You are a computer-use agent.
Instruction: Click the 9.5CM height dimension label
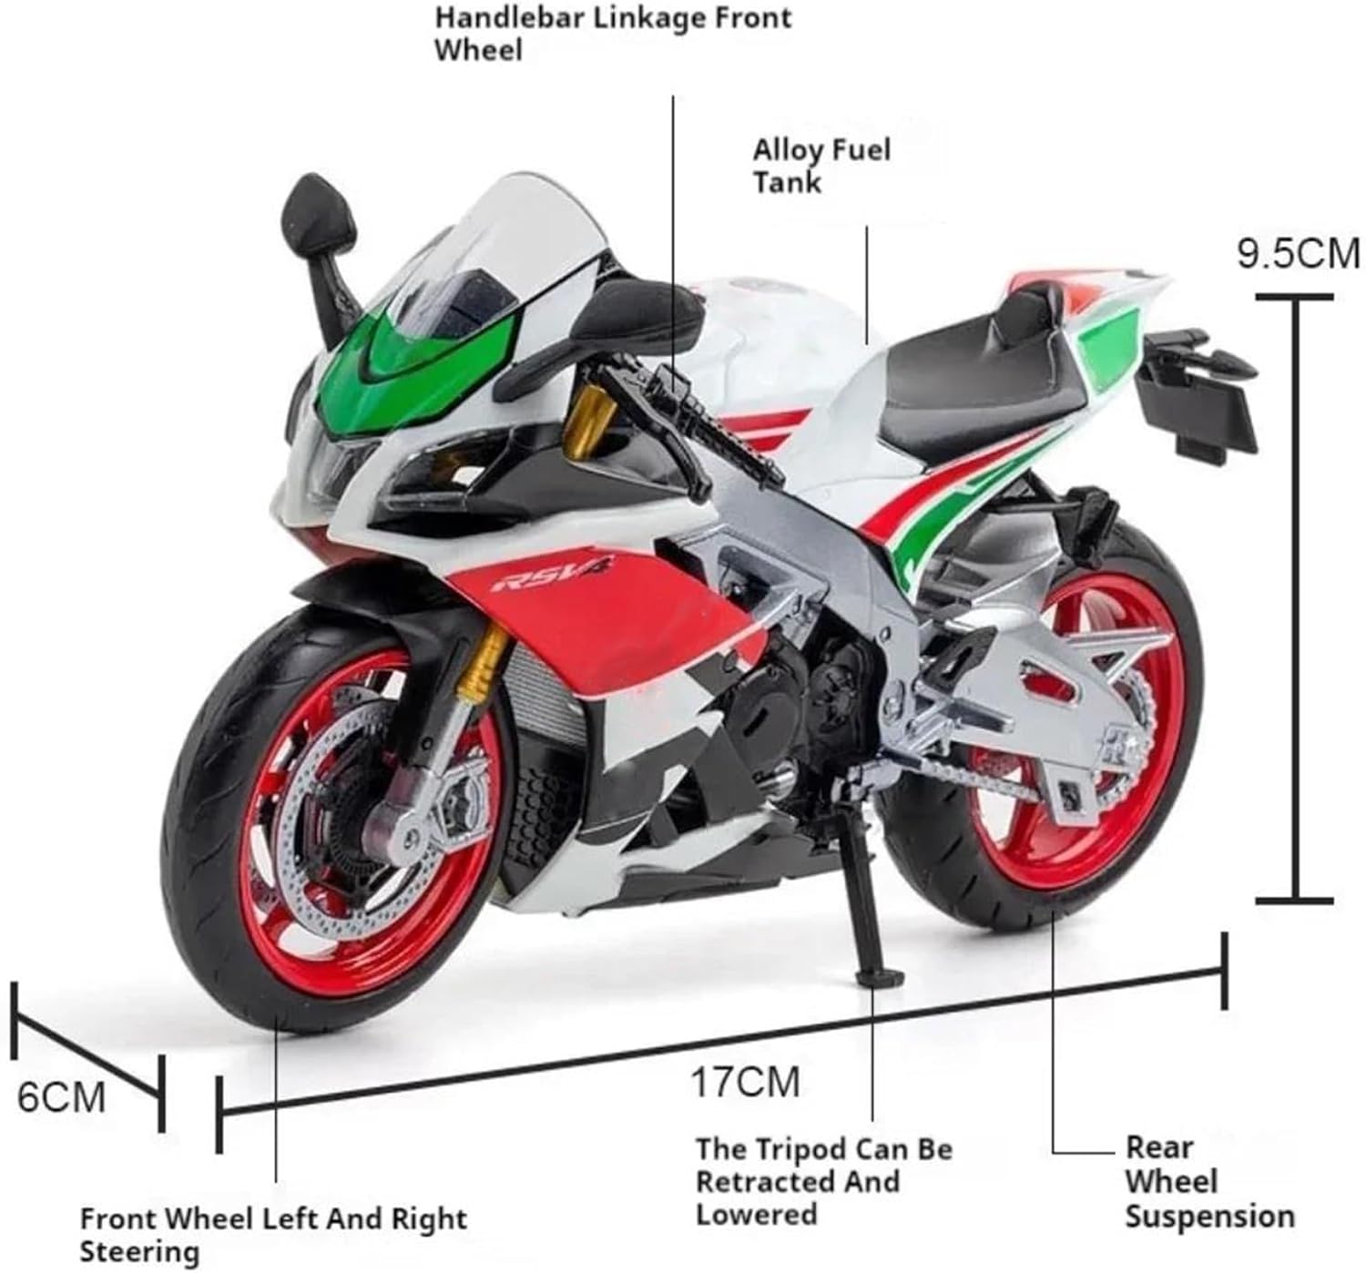[x=1299, y=253]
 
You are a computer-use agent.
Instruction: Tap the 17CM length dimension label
[x=746, y=1082]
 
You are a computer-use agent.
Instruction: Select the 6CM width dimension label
[x=61, y=1097]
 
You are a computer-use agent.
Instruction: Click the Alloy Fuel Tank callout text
[x=821, y=166]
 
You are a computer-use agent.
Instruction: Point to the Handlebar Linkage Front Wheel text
[x=613, y=34]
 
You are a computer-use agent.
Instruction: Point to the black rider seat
[x=980, y=368]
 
